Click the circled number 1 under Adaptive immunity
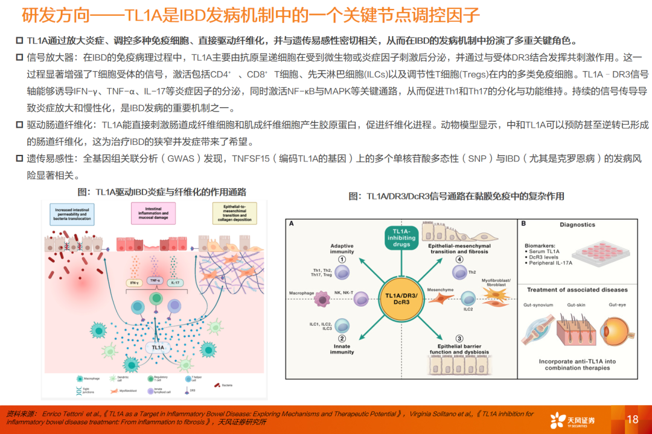point(341,259)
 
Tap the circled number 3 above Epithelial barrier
point(459,338)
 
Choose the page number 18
point(632,420)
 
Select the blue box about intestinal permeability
point(72,214)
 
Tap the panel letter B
point(523,224)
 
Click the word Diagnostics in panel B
point(577,225)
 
